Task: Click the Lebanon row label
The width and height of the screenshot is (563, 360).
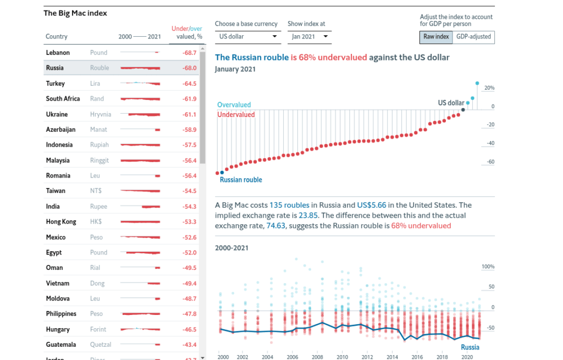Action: click(58, 53)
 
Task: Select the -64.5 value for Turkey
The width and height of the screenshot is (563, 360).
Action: click(189, 84)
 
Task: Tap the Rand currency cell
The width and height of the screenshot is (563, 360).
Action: click(97, 99)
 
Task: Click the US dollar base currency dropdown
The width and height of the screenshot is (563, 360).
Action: click(248, 37)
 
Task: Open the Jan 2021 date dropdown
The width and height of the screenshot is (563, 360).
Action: click(309, 37)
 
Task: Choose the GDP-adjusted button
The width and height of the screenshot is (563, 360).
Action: click(473, 37)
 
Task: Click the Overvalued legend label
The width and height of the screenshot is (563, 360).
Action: click(234, 105)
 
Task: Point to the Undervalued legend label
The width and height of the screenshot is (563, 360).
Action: click(236, 115)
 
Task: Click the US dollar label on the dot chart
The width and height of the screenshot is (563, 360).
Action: click(451, 103)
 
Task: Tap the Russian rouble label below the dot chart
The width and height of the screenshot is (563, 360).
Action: click(241, 180)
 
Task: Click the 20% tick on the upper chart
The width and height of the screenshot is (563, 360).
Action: click(489, 88)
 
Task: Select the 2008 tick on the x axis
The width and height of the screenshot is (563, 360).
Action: click(317, 357)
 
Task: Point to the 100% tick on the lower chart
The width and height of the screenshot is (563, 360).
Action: click(488, 267)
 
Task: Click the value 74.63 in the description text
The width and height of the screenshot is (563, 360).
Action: click(276, 226)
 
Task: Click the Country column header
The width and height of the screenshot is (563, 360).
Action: click(57, 37)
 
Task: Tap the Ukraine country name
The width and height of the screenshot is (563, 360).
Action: click(57, 114)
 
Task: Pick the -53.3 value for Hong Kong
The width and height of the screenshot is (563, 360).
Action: click(189, 222)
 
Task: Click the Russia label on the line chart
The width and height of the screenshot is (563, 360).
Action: click(470, 347)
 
